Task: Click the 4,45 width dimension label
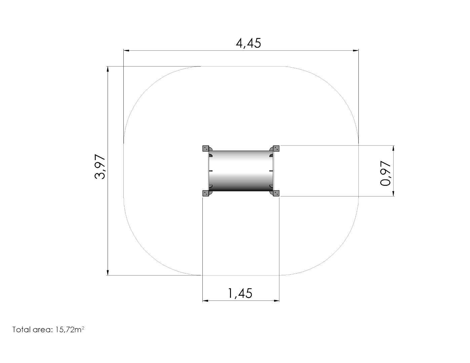248,43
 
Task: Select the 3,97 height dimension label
100,167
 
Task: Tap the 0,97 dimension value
385,173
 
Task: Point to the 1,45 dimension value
240,293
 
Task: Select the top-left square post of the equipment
206,149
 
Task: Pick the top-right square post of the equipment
276,149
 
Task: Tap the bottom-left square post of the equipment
206,193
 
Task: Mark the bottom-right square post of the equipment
276,193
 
